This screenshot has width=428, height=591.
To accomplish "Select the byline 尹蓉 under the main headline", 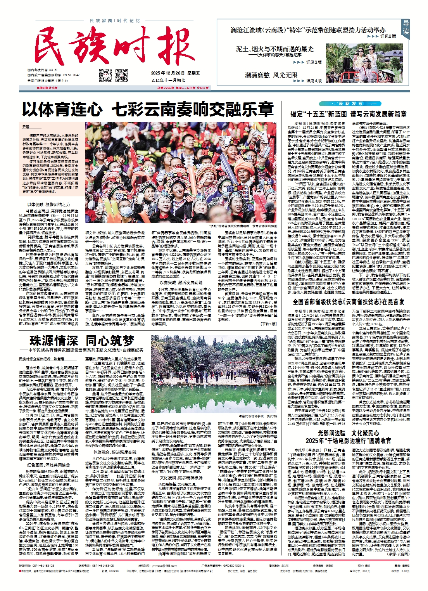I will pyautogui.click(x=26, y=127).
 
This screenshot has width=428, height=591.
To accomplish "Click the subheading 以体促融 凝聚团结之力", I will pyautogui.click(x=49, y=205).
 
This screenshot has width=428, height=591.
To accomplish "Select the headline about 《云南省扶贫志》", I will pyautogui.click(x=349, y=302).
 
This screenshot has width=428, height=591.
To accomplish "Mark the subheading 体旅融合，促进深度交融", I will pyautogui.click(x=115, y=452).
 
